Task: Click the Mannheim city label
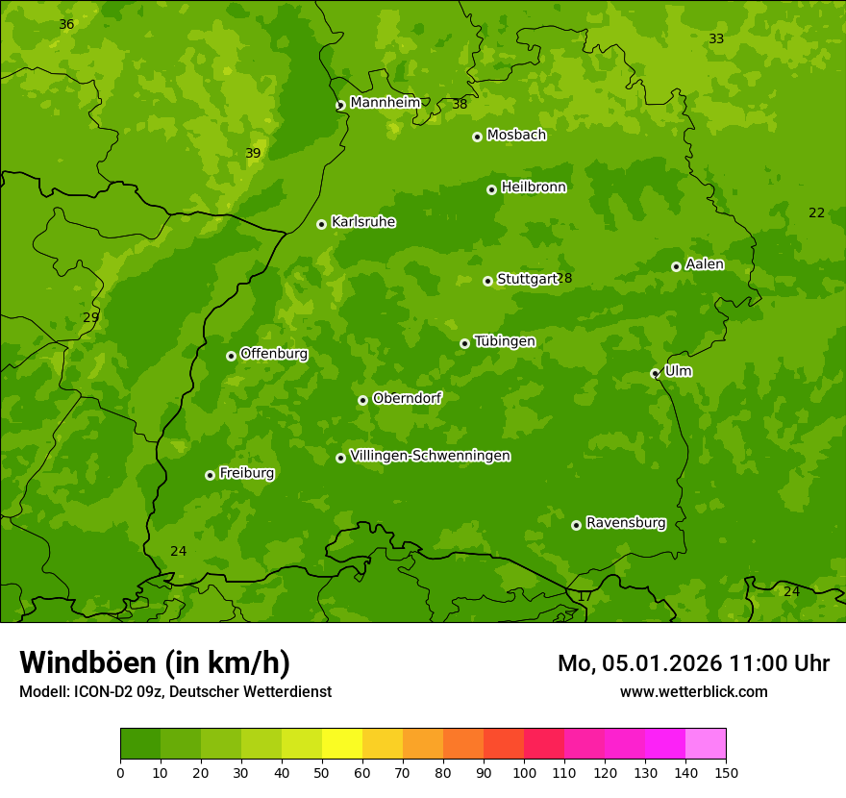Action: coord(385,103)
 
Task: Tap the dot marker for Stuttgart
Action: coord(487,281)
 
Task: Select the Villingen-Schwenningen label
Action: coord(430,456)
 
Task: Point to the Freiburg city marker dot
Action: coord(210,475)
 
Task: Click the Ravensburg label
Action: coord(625,523)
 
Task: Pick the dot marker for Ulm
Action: coord(655,373)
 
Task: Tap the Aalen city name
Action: coord(705,264)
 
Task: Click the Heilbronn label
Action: coord(534,187)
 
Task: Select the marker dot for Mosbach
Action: coord(477,137)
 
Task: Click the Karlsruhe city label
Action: coord(363,222)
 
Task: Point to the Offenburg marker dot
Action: coord(231,356)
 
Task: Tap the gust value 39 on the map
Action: coord(253,153)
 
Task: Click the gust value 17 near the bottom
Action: coord(585,596)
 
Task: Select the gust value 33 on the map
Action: coord(716,38)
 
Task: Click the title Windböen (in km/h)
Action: coord(155,662)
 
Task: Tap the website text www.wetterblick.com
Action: coord(693,691)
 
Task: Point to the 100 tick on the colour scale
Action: coord(524,772)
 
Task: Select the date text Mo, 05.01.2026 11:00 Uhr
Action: coord(693,663)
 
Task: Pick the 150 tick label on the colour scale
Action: coord(726,772)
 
